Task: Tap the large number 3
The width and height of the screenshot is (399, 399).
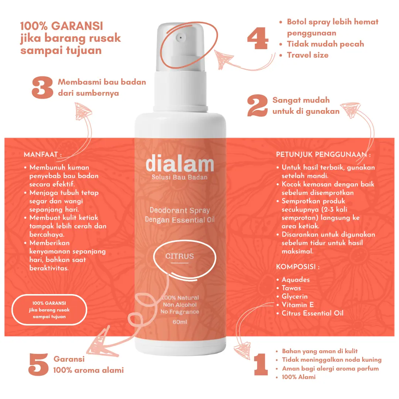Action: [42, 88]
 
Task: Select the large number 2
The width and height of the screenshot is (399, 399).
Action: [258, 106]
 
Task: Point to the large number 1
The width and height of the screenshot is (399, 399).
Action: [261, 364]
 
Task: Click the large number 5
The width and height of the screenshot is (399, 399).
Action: [38, 364]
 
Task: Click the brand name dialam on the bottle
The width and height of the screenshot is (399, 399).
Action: [180, 164]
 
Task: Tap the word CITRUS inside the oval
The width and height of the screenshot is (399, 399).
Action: [180, 256]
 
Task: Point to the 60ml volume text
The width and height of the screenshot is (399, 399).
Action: [180, 322]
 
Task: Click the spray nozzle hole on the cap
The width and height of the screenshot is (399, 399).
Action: [180, 38]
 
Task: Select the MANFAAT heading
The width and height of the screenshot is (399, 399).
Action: [43, 154]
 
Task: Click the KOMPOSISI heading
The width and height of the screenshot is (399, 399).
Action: [298, 266]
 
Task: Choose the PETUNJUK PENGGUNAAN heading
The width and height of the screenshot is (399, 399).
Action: [323, 154]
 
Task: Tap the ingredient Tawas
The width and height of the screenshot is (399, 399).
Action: [291, 288]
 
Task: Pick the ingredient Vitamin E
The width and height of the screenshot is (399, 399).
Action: [297, 305]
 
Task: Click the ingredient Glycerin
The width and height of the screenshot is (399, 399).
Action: [294, 296]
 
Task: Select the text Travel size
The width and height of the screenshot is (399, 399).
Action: [308, 55]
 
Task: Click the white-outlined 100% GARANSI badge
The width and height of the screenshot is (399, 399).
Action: [50, 310]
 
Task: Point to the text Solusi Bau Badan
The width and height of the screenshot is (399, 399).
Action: [180, 177]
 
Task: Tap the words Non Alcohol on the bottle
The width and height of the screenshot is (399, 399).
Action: [180, 304]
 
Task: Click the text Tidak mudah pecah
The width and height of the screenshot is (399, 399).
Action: [325, 44]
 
